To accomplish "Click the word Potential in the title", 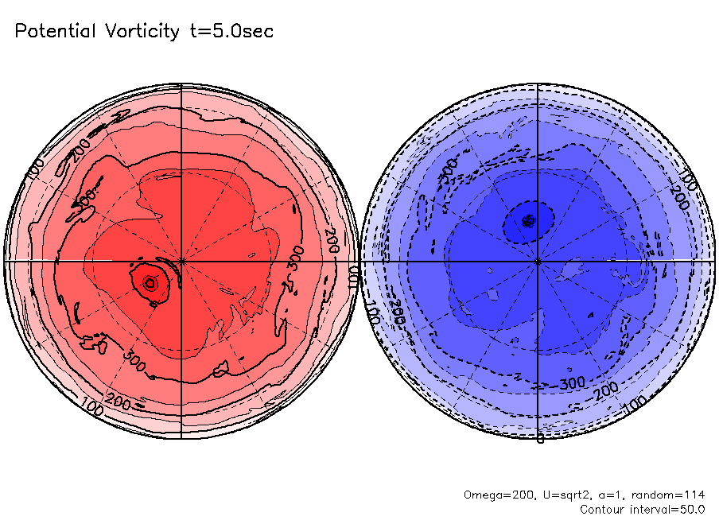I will pos(55,32).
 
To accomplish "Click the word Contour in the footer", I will pos(603,509).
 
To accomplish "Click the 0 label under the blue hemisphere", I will pos(539,439).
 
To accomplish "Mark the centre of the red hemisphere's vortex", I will pos(149,282).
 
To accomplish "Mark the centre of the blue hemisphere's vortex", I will pos(527,220).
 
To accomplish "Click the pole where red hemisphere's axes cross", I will pos(181,260).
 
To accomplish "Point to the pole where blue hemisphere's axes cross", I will pos(538,260).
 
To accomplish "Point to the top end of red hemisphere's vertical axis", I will pos(181,83).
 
